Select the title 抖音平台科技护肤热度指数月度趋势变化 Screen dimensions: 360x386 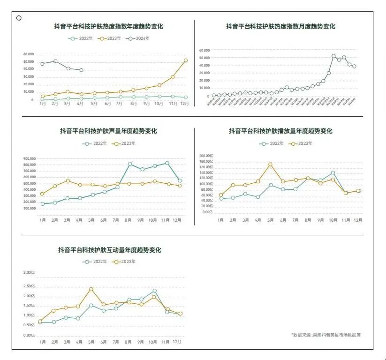pos(280,27)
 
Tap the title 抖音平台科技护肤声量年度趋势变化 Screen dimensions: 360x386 pos(108,131)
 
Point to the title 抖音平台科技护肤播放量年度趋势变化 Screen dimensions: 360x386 pos(280,131)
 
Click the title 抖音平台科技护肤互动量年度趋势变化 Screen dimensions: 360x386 pos(109,250)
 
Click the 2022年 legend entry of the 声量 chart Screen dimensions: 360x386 pos(96,143)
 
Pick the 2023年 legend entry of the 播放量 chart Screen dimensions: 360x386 pos(300,143)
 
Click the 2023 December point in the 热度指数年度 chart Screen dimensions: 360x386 pos(186,60)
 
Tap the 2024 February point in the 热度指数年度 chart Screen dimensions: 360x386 pos(55,61)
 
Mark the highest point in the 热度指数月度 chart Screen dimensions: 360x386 pos(333,56)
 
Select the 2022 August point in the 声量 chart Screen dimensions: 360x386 pos(130,164)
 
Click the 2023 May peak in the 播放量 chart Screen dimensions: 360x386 pos(270,165)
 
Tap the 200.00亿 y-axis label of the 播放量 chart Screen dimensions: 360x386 pos(206,156)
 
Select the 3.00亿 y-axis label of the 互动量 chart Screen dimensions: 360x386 pos(30,272)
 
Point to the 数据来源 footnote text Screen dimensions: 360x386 pos(326,335)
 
